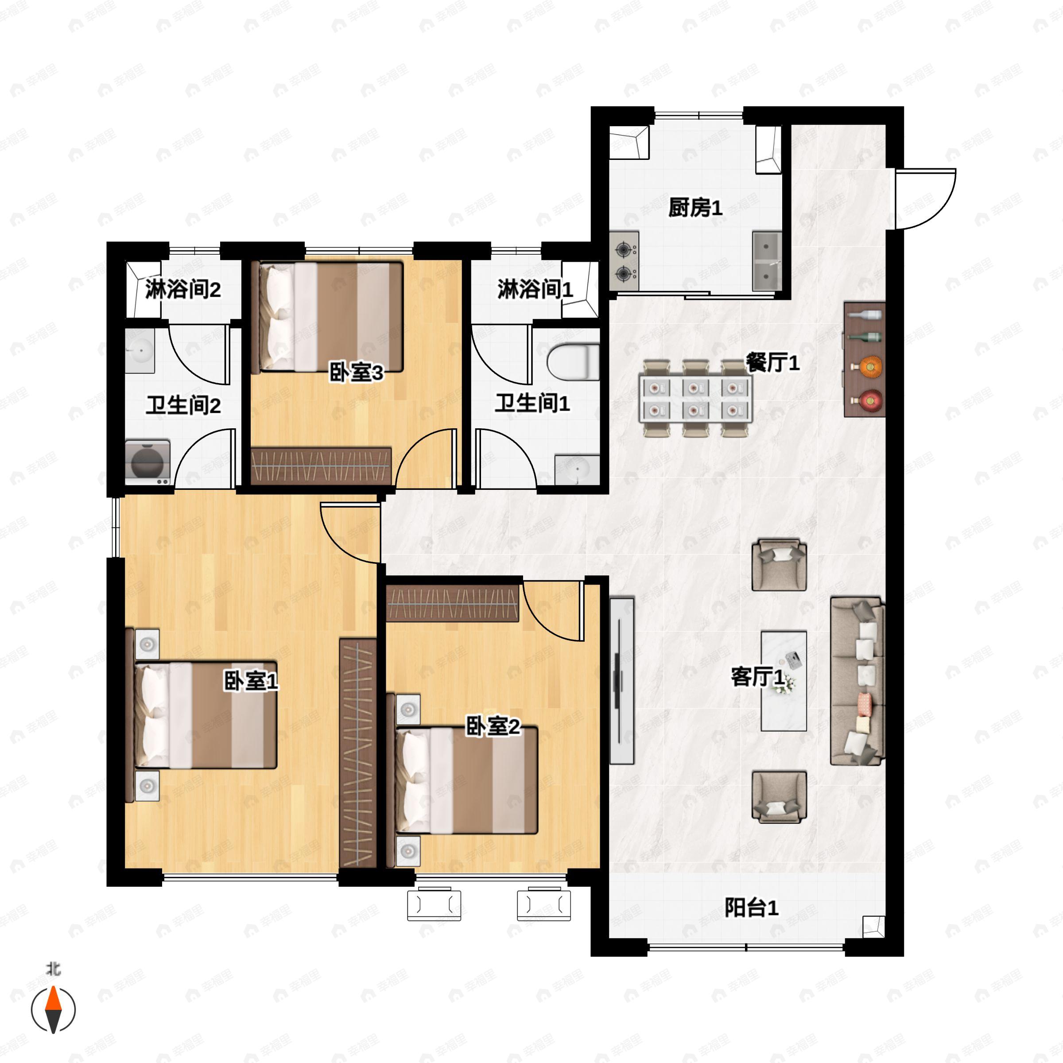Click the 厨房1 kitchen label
click(x=695, y=208)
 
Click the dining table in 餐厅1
click(x=695, y=398)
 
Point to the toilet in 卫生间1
click(x=573, y=361)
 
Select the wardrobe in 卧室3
click(x=321, y=466)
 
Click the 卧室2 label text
click(x=493, y=726)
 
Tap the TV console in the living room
click(x=622, y=681)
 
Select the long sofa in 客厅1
click(x=857, y=681)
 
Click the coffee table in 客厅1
click(x=784, y=681)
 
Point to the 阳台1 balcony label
click(x=751, y=908)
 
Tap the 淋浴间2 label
click(x=182, y=289)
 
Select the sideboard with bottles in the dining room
click(x=865, y=359)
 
